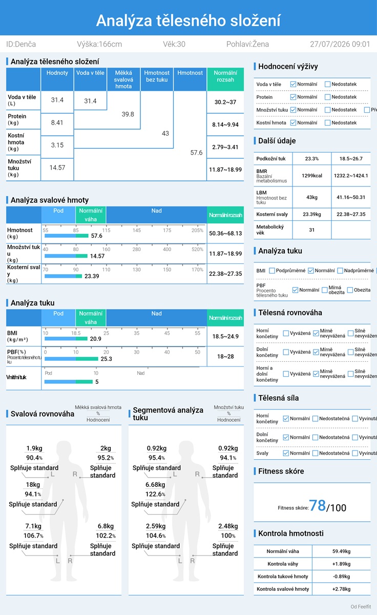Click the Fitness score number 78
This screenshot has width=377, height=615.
click(x=317, y=505)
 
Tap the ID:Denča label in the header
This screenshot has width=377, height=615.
click(x=21, y=44)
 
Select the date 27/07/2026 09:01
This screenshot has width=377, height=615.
click(x=340, y=44)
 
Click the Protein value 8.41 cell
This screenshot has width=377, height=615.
click(x=57, y=122)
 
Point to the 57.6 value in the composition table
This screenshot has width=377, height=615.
click(x=197, y=153)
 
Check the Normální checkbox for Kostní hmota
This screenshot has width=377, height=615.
click(x=293, y=122)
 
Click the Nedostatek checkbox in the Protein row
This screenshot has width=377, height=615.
click(x=327, y=97)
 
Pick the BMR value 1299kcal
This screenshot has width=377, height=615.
click(x=312, y=176)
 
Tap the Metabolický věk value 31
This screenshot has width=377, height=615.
click(x=312, y=230)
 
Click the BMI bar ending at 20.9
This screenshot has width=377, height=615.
click(x=66, y=339)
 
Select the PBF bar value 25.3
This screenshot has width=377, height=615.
click(x=106, y=359)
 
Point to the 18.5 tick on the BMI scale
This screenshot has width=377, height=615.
click(x=76, y=333)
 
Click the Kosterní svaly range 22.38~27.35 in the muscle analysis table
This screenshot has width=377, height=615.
click(x=225, y=274)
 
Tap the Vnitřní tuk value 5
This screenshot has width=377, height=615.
click(x=97, y=382)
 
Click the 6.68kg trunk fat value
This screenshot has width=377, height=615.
click(x=155, y=485)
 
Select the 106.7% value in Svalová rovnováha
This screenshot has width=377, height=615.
click(x=33, y=536)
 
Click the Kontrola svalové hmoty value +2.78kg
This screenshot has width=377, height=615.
click(x=341, y=589)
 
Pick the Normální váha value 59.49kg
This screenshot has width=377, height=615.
click(x=341, y=551)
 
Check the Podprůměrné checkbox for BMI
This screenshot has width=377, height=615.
click(x=272, y=271)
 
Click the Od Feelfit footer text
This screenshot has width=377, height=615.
click(x=361, y=606)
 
